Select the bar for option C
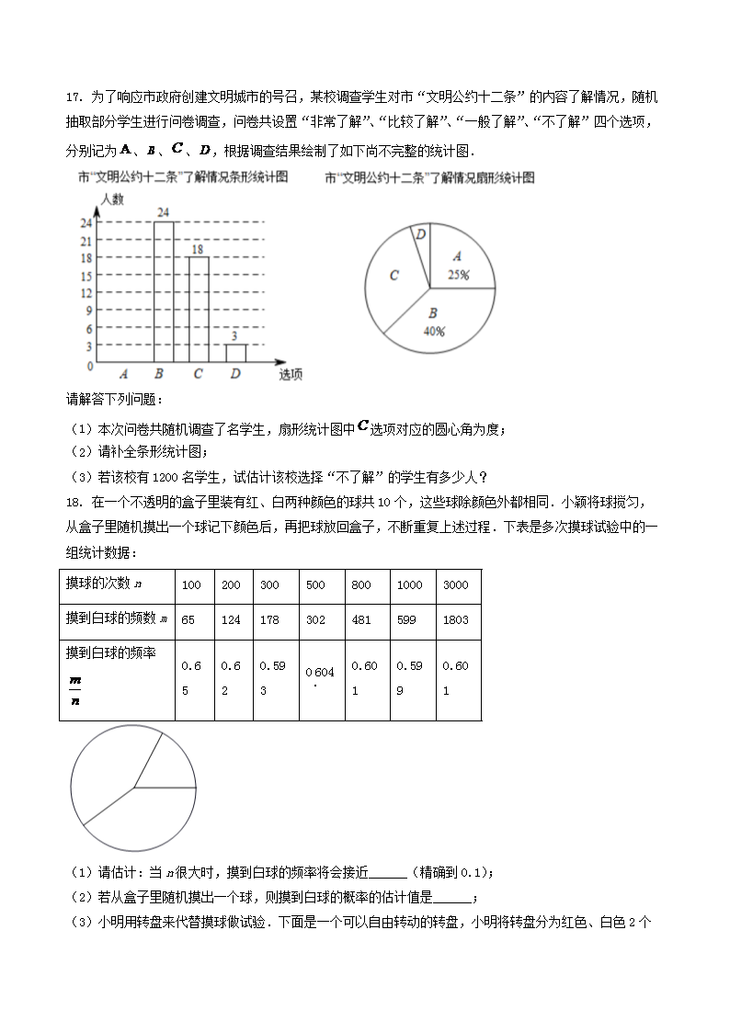pyautogui.click(x=199, y=310)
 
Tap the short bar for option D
pyautogui.click(x=235, y=354)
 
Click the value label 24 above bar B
pyautogui.click(x=163, y=213)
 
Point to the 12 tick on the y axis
pyautogui.click(x=86, y=293)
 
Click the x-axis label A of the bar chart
pyautogui.click(x=122, y=374)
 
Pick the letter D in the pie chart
pyautogui.click(x=420, y=235)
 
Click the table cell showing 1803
pyautogui.click(x=455, y=620)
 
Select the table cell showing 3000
pyautogui.click(x=455, y=585)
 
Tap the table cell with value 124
pyautogui.click(x=231, y=620)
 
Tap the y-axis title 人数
pyautogui.click(x=113, y=198)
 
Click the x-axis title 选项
pyautogui.click(x=291, y=374)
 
